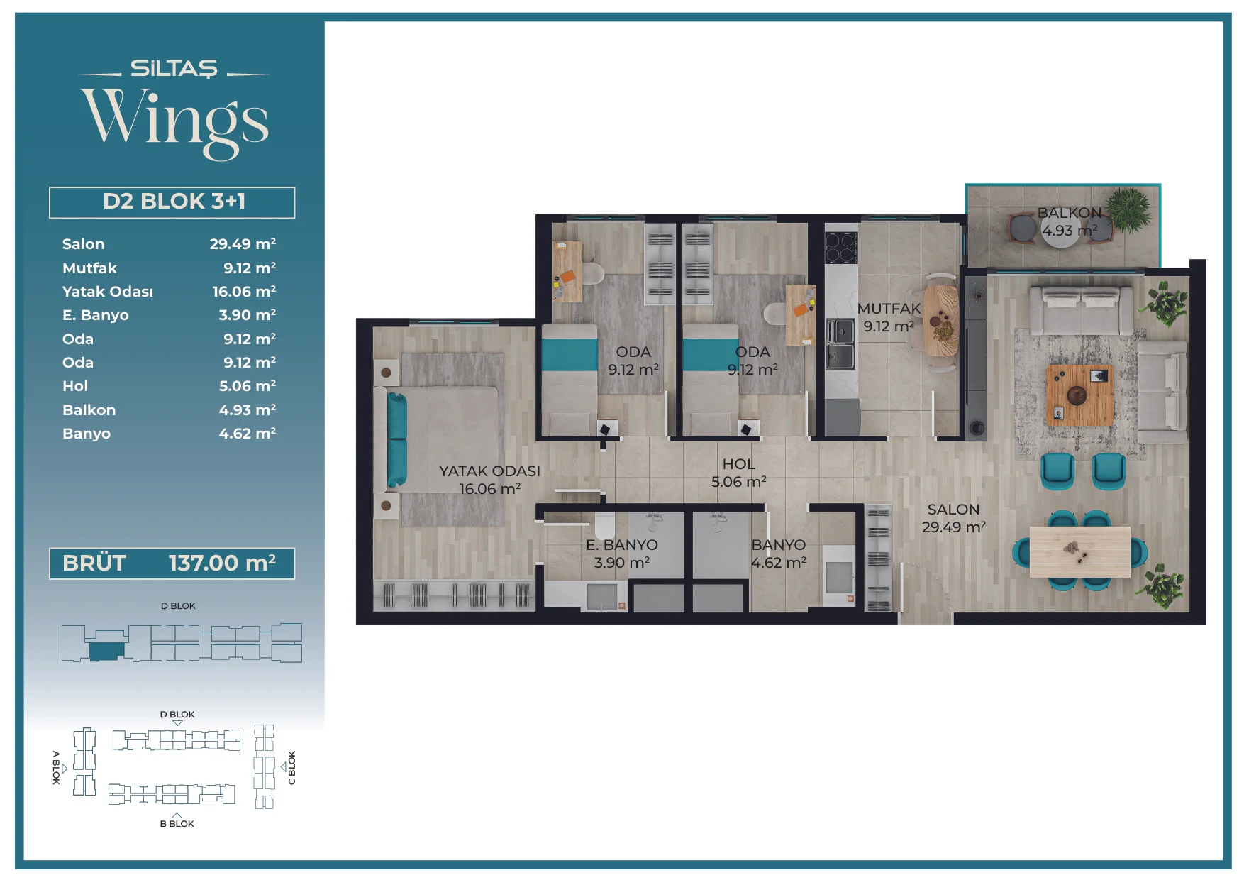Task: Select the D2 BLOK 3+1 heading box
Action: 172,202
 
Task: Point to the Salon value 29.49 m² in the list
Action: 243,244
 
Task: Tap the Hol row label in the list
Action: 75,386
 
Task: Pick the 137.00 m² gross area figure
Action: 222,563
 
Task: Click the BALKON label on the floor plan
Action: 1070,213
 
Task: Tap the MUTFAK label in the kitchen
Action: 889,309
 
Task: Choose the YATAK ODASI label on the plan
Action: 489,471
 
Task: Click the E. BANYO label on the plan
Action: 622,545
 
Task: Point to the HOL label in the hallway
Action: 738,464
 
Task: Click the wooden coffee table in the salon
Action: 1079,394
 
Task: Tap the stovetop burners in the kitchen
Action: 841,248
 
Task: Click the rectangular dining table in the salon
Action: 1079,552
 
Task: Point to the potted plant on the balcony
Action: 1129,209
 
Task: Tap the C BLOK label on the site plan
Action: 291,768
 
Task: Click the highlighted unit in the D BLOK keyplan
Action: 106,651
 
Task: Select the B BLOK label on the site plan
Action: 177,824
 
